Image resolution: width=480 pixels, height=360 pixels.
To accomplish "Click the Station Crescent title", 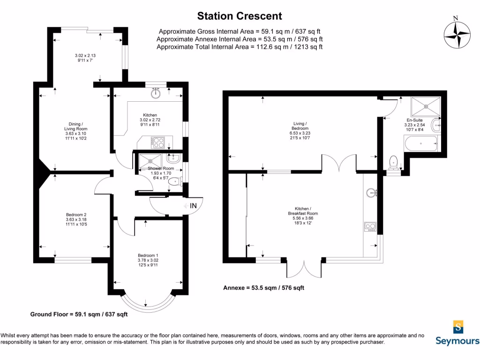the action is (240, 16).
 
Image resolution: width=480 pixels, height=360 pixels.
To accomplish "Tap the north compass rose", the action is (457, 35).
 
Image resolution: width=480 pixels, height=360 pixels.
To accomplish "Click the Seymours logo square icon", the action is (458, 327).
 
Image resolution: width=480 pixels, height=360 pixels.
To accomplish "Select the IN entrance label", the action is (193, 206).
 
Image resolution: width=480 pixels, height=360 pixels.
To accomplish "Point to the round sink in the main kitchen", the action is (156, 93).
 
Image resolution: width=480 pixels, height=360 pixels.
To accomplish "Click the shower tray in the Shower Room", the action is (150, 161).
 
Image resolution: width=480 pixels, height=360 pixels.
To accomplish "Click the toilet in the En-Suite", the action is (393, 163).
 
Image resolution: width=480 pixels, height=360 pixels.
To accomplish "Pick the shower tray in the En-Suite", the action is (426, 106).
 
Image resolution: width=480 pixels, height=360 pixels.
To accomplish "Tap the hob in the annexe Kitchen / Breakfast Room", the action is (370, 227).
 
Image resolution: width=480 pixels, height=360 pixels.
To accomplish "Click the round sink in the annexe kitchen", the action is (371, 193).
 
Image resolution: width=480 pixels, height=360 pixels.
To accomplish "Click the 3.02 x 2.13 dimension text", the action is (85, 55).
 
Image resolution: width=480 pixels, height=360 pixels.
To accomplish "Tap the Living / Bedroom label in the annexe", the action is (300, 126).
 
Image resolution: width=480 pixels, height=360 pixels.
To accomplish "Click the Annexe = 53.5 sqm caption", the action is (263, 288).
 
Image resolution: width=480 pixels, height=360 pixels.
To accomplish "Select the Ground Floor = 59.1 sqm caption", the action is (79, 314).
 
